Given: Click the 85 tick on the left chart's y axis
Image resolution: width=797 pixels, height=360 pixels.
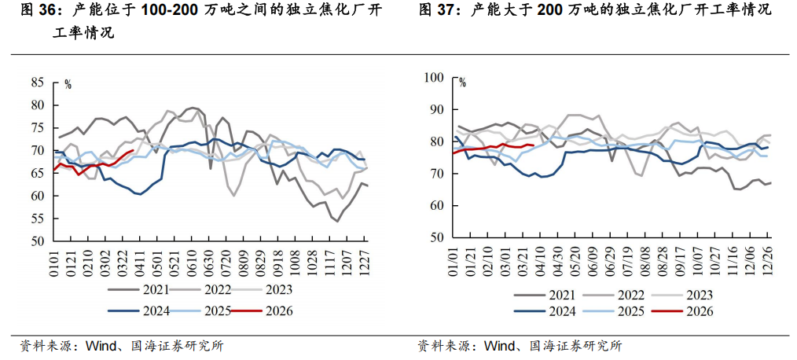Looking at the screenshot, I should coord(38,82).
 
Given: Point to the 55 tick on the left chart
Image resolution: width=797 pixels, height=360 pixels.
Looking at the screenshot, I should coord(38,219).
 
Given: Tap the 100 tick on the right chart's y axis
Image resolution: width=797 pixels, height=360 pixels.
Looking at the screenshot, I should coord(434,78).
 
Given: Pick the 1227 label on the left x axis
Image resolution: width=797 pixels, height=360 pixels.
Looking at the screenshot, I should coord(365,263).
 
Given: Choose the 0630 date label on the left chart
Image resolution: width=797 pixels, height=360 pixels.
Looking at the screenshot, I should coord(211,263).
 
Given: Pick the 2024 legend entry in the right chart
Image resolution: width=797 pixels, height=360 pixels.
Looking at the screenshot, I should coord(560,312).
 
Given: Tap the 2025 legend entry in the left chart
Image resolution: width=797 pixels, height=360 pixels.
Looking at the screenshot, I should coord(214,311).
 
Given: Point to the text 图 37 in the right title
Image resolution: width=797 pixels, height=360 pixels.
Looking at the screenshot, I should coord(435,10).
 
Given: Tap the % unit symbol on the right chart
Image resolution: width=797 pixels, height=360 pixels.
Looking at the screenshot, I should coord(462,81).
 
